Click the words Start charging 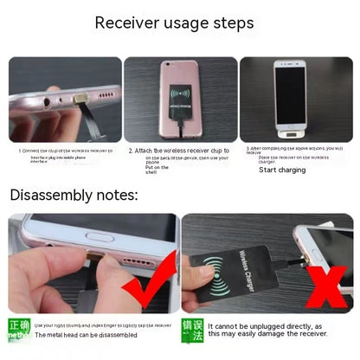click(282, 170)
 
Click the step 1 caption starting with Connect click(65, 151)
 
